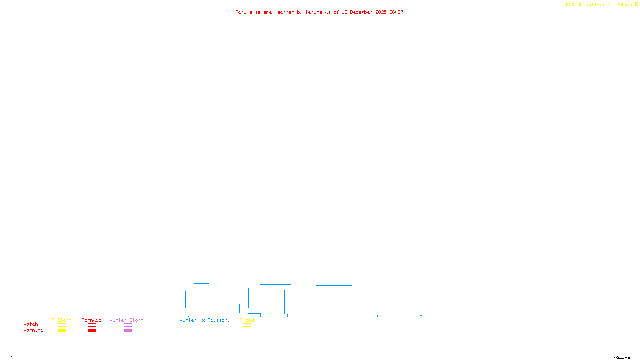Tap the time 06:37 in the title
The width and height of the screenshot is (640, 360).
click(x=396, y=12)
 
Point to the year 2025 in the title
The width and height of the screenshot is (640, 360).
click(x=381, y=12)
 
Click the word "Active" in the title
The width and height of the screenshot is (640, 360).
click(x=244, y=12)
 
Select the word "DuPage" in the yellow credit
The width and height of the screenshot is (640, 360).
click(x=624, y=5)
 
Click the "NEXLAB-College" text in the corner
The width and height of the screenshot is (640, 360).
click(x=586, y=5)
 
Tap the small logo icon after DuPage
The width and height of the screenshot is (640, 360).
click(x=636, y=4)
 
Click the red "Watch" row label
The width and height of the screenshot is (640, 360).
click(x=31, y=324)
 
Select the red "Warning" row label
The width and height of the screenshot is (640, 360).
click(x=34, y=330)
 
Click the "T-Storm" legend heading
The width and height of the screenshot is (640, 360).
click(x=62, y=320)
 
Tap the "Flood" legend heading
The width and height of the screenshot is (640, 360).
click(x=247, y=320)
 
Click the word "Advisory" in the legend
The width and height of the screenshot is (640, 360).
click(x=219, y=320)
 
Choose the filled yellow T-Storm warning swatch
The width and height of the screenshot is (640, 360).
click(x=62, y=331)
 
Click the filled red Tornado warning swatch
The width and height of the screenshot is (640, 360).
click(x=92, y=331)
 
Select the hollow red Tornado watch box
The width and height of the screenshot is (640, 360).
click(x=92, y=325)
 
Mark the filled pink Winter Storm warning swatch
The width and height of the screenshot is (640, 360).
click(x=128, y=331)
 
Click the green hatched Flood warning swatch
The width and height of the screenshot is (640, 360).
click(x=247, y=331)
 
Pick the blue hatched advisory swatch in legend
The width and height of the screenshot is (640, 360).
click(x=204, y=331)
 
